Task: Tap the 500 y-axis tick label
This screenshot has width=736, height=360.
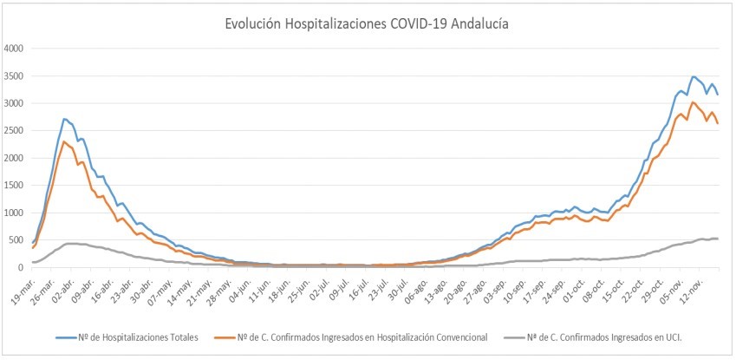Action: (x=19, y=240)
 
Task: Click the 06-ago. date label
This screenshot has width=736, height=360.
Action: (x=421, y=287)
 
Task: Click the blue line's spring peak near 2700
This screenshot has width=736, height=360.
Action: (x=65, y=119)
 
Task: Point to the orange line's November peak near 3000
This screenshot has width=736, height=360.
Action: (x=692, y=102)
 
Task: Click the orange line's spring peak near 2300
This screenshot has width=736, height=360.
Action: (x=65, y=141)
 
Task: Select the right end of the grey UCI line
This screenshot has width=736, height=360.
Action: (x=719, y=239)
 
